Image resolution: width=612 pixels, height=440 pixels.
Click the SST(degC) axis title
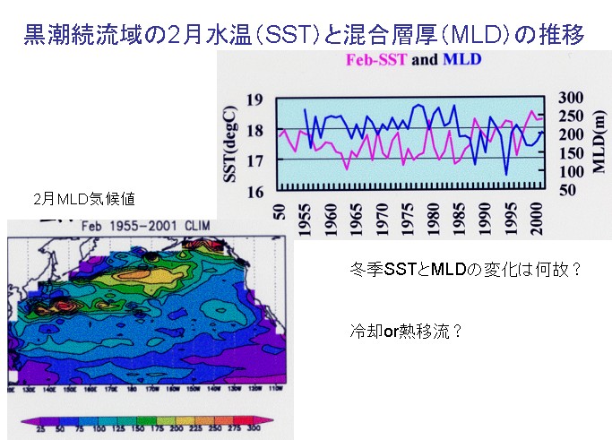click(x=232, y=143)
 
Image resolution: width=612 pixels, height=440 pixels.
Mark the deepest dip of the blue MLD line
click(x=506, y=174)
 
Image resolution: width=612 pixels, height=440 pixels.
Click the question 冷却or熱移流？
click(x=405, y=329)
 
